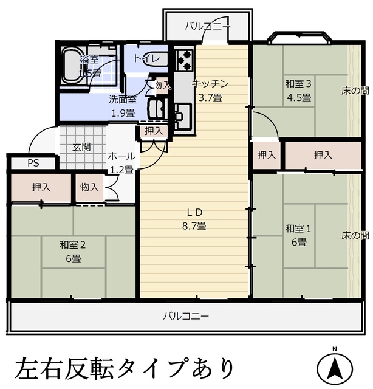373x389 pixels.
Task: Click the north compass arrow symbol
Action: pos(334,367)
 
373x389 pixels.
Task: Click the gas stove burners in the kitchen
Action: pos(184,60)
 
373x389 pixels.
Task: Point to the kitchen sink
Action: pos(182,114)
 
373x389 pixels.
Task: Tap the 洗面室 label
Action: pos(122,99)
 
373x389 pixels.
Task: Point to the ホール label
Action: pos(121,156)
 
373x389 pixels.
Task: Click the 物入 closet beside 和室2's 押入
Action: pos(89,187)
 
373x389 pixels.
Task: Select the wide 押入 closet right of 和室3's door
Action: pos(323,156)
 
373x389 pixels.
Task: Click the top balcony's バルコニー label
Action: pos(207,26)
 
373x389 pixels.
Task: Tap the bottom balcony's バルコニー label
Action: pos(186,316)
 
